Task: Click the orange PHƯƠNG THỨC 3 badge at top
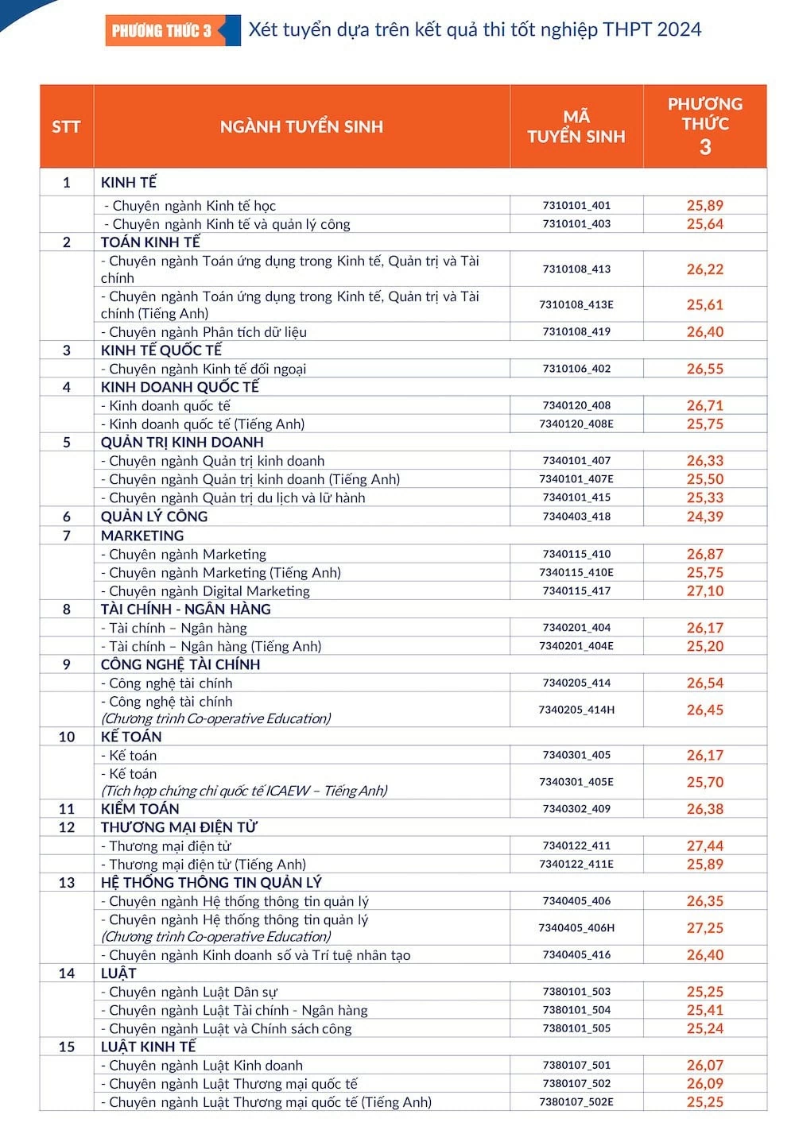pyautogui.click(x=161, y=31)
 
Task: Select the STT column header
pyautogui.click(x=66, y=126)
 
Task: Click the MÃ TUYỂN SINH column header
pyautogui.click(x=576, y=126)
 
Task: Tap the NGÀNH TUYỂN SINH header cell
pyautogui.click(x=301, y=126)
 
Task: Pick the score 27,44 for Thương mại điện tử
pyautogui.click(x=705, y=846)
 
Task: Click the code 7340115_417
pyautogui.click(x=576, y=591)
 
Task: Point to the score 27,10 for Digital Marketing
pyautogui.click(x=705, y=591)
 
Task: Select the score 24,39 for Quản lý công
pyautogui.click(x=705, y=517)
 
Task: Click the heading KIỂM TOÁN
pyautogui.click(x=140, y=809)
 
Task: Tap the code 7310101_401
pyautogui.click(x=576, y=205)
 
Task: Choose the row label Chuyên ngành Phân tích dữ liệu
pyautogui.click(x=204, y=332)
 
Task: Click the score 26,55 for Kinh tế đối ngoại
pyautogui.click(x=705, y=369)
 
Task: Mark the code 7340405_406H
pyautogui.click(x=576, y=928)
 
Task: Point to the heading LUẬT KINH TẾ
pyautogui.click(x=148, y=1047)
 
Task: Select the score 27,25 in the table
pyautogui.click(x=705, y=928)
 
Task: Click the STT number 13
pyautogui.click(x=67, y=883)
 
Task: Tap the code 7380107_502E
pyautogui.click(x=576, y=1102)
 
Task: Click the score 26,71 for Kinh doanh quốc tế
pyautogui.click(x=705, y=406)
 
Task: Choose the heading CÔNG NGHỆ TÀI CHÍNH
pyautogui.click(x=180, y=664)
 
